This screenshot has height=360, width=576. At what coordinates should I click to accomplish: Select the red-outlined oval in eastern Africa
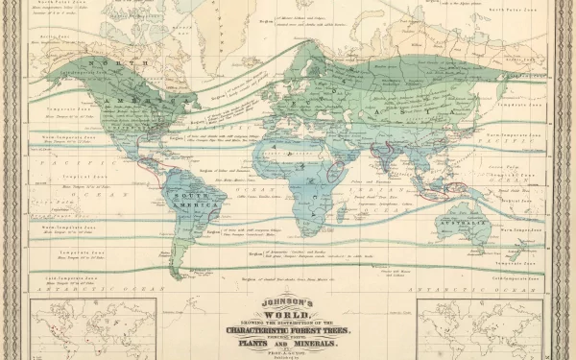coord(335,173)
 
